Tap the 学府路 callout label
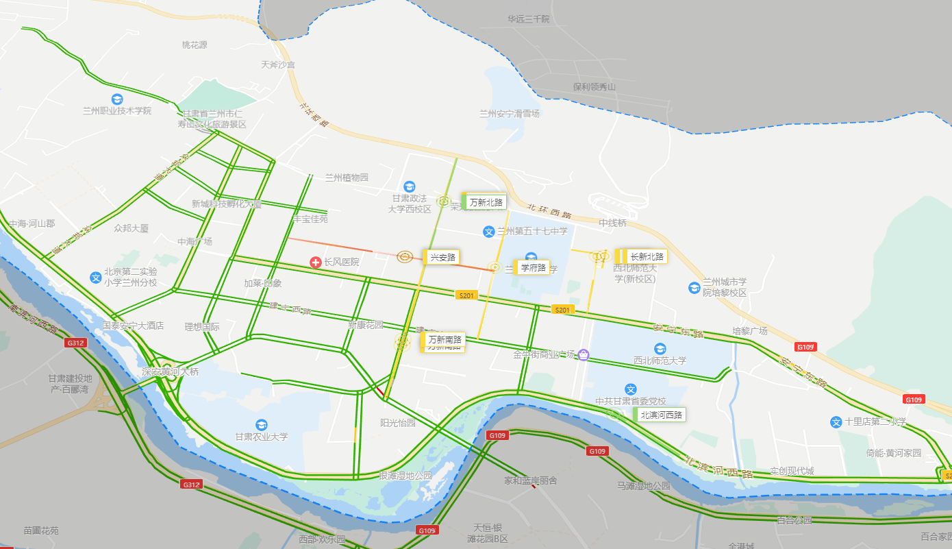533,267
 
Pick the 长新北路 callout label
647,256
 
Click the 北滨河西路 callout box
662,415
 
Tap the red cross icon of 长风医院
316,262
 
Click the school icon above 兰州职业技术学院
117,99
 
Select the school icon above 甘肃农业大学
261,425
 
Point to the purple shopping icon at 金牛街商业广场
583,354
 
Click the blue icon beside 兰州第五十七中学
489,232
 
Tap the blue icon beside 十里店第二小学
836,422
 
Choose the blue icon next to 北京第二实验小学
96,277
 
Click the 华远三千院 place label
528,19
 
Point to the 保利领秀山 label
594,87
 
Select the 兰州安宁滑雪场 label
510,114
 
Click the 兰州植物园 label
347,178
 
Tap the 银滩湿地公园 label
405,476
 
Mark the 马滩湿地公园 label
643,486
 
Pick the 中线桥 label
612,223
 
